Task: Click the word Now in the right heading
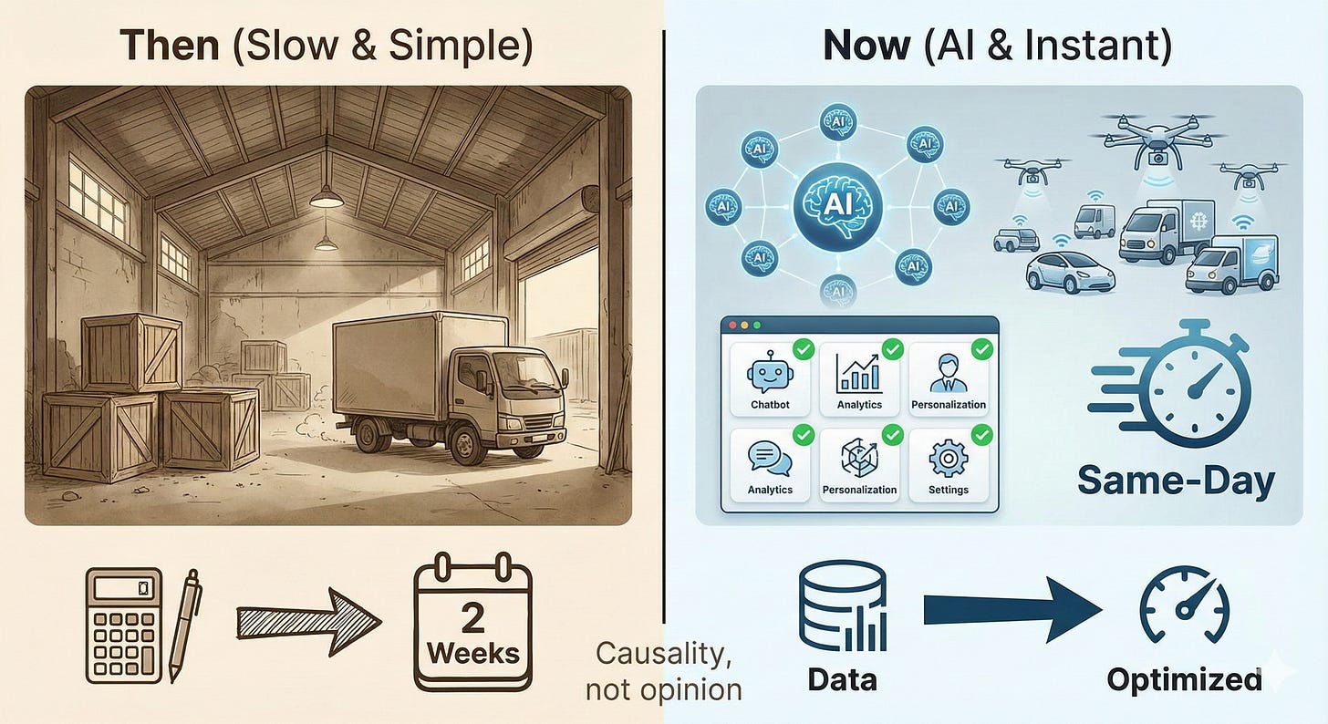(866, 46)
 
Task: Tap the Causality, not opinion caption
(663, 671)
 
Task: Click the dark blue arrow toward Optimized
(1012, 610)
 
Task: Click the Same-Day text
(1175, 481)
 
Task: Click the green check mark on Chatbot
(803, 348)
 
